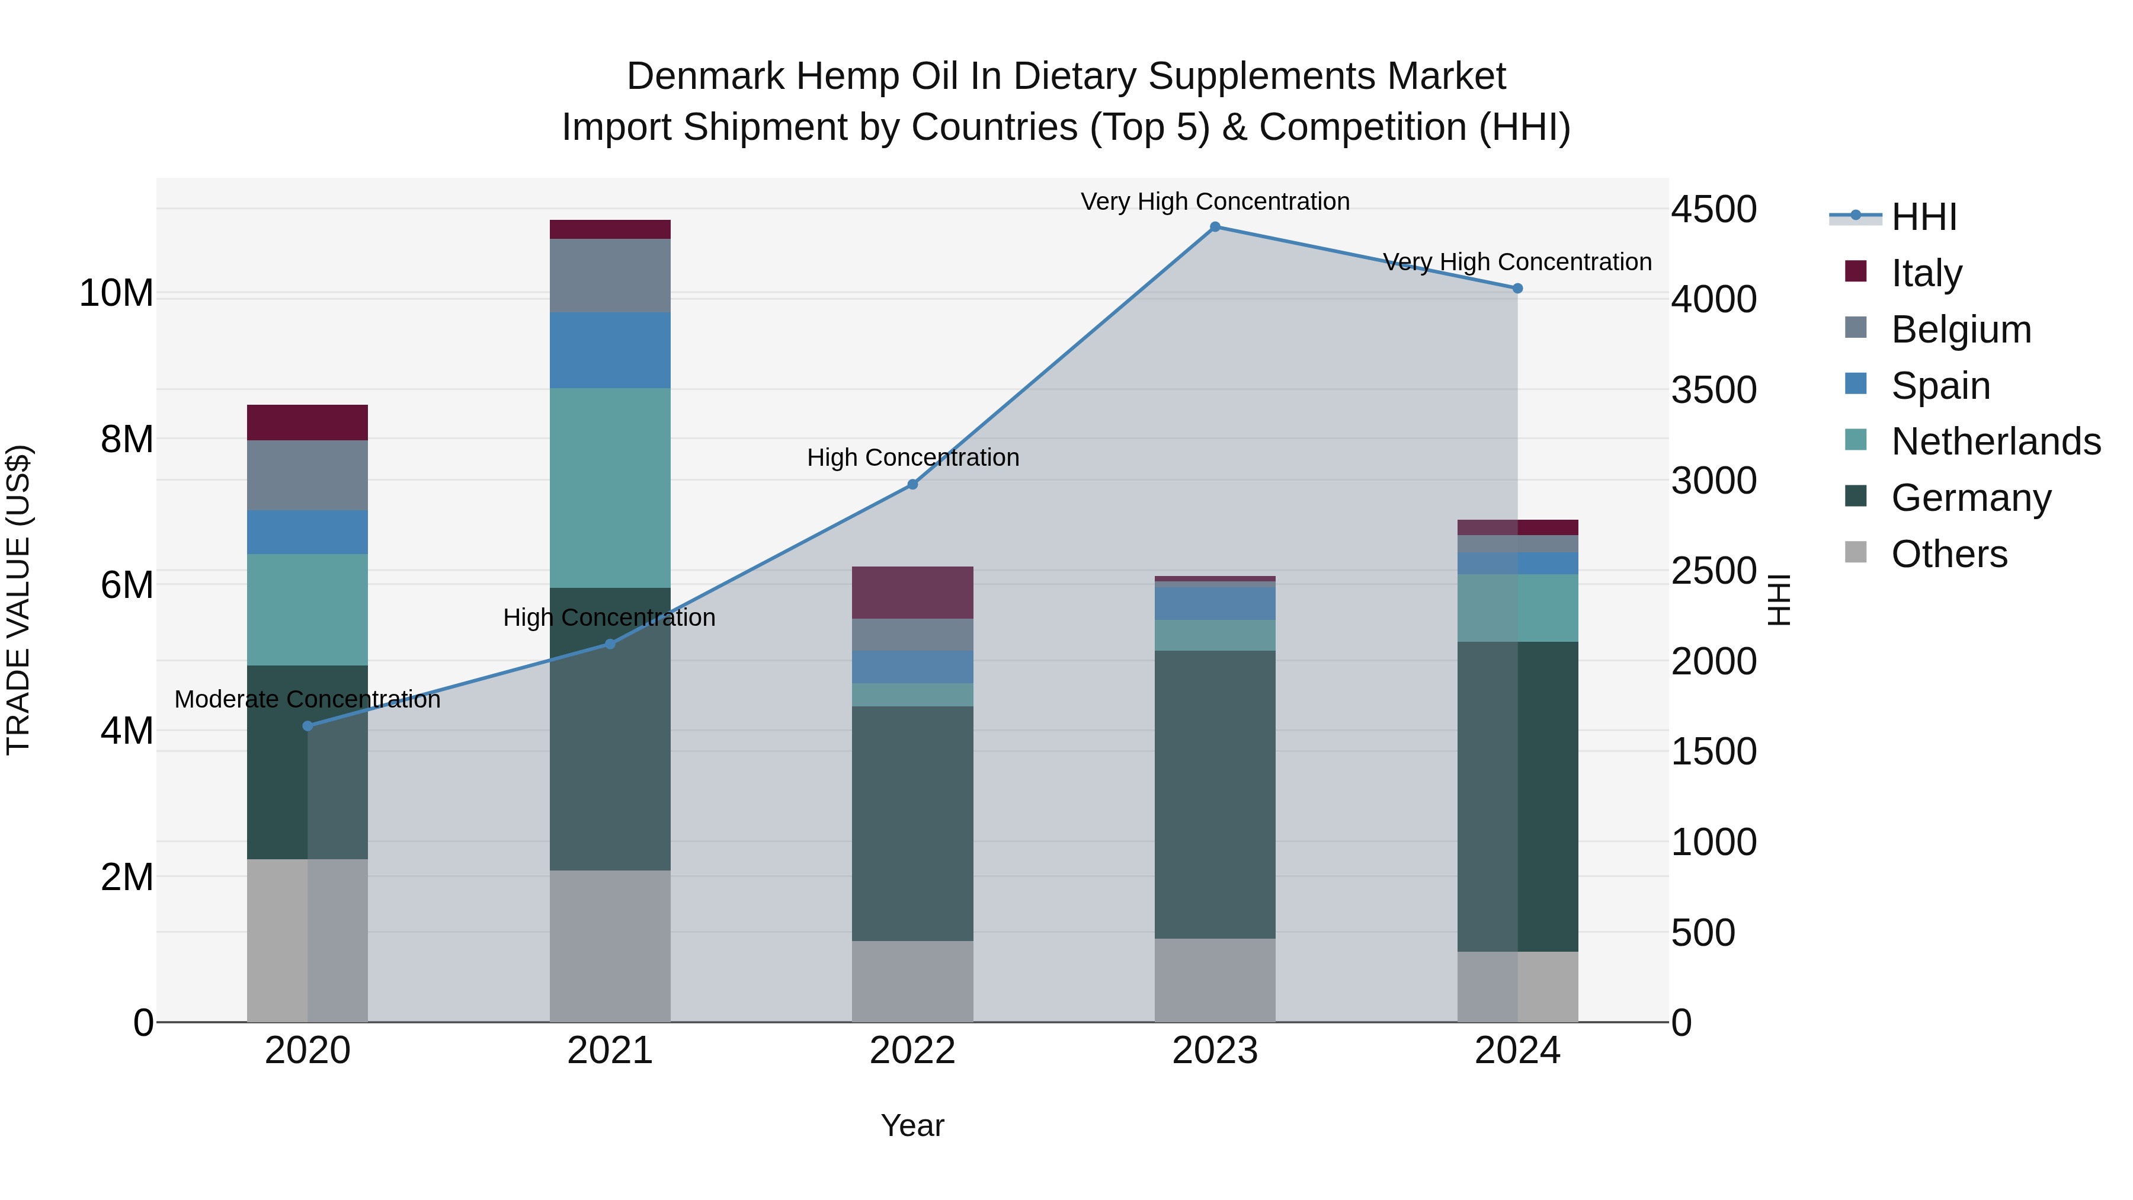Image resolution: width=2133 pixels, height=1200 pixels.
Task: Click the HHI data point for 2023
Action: tap(1215, 227)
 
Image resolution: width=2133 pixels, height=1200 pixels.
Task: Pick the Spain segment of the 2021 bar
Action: tap(610, 350)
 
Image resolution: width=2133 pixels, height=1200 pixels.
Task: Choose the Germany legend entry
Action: tap(1971, 498)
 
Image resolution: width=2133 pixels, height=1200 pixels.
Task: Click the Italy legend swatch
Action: tap(1856, 271)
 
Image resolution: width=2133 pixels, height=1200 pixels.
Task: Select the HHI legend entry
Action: tap(1923, 217)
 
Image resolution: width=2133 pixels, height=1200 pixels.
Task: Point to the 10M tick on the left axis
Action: tap(116, 293)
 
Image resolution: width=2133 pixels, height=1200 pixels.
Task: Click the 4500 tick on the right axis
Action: tap(1713, 210)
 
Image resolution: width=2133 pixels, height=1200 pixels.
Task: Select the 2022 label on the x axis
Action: tap(912, 1051)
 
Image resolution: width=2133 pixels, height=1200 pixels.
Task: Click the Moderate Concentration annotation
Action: tap(307, 700)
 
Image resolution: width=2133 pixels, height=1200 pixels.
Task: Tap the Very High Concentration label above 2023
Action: tap(1215, 201)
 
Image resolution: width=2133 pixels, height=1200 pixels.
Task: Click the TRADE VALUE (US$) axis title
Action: tap(18, 600)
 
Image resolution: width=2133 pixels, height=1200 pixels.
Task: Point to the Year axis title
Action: tap(912, 1125)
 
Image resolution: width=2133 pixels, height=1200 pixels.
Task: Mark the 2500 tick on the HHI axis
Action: tap(1713, 571)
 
